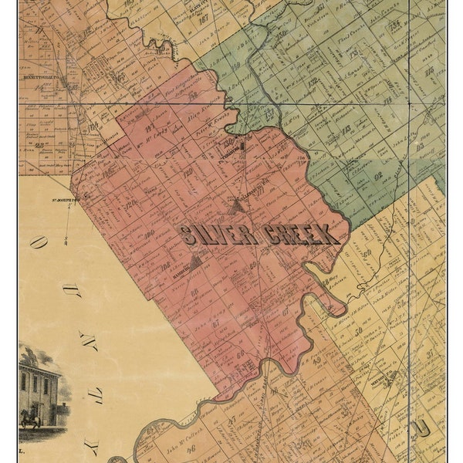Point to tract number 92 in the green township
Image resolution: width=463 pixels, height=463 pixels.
click(x=379, y=176)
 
